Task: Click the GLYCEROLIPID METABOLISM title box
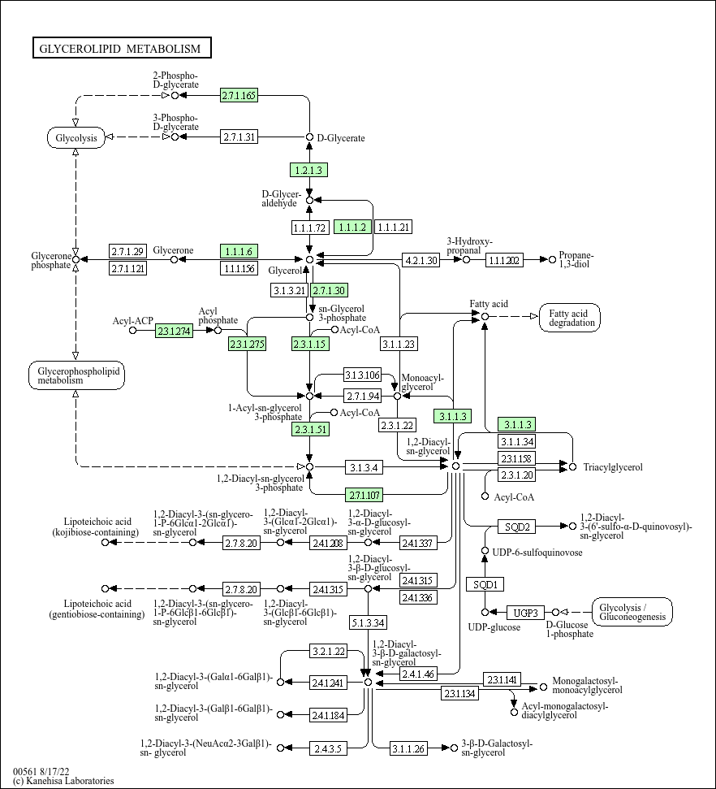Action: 122,48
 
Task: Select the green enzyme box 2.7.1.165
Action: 239,95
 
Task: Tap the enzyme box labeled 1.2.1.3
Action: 308,170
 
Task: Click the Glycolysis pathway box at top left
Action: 76,138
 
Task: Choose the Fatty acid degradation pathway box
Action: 570,318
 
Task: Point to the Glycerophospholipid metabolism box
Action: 76,375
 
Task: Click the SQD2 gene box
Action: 517,527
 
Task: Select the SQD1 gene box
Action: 485,584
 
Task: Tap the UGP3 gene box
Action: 525,613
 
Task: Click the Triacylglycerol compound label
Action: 613,467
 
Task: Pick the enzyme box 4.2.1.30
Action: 421,260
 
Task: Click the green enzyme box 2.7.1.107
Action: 364,495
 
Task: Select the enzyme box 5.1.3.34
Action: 368,623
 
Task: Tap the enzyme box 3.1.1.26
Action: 408,748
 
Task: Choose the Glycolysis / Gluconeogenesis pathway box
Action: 632,612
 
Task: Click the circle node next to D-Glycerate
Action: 310,137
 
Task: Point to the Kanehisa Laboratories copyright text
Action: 63,780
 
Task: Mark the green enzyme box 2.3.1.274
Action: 174,331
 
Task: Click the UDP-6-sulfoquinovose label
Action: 537,552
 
